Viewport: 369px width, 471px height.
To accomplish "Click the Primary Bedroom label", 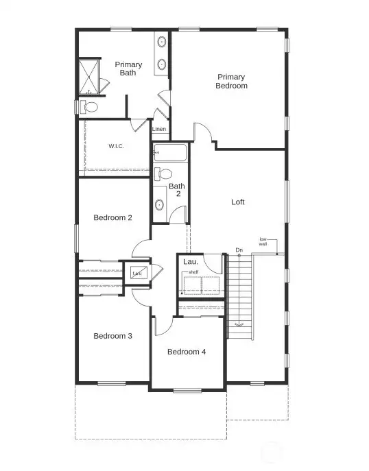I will pyautogui.click(x=231, y=82).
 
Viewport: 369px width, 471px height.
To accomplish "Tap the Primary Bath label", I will pyautogui.click(x=128, y=69).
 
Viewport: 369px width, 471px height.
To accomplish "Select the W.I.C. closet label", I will pyautogui.click(x=116, y=146).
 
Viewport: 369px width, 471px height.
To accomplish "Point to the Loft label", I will pyautogui.click(x=238, y=202).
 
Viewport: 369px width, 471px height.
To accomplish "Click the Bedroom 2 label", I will pyautogui.click(x=113, y=218).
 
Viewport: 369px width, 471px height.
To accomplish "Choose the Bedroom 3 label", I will pyautogui.click(x=113, y=336).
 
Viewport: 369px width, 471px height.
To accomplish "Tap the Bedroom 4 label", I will pyautogui.click(x=187, y=352).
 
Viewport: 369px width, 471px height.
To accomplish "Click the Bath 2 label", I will pyautogui.click(x=177, y=190).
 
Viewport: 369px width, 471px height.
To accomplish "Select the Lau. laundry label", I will pyautogui.click(x=191, y=262).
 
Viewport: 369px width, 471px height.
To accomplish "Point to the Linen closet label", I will pyautogui.click(x=159, y=129).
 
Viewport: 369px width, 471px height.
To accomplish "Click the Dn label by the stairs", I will pyautogui.click(x=239, y=250).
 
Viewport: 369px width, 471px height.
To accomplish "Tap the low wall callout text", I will pyautogui.click(x=263, y=241).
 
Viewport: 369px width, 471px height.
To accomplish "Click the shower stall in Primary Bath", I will pyautogui.click(x=88, y=77).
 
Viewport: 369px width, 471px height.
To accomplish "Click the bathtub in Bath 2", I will pyautogui.click(x=170, y=152).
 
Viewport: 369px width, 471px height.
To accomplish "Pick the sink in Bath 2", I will pyautogui.click(x=160, y=204).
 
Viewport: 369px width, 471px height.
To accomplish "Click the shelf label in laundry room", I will pyautogui.click(x=193, y=273).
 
